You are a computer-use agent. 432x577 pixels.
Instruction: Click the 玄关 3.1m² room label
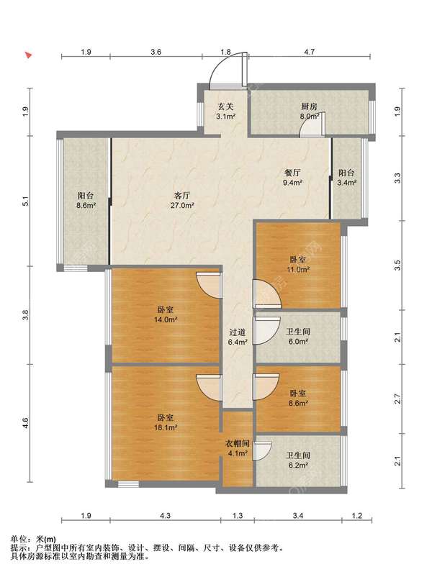coord(226,112)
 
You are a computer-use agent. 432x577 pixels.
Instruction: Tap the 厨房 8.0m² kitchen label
coord(310,112)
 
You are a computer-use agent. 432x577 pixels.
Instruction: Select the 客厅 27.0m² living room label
coord(182,200)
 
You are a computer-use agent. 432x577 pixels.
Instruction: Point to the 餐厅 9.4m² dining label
coord(292,177)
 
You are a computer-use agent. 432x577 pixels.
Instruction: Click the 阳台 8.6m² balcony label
coord(86,200)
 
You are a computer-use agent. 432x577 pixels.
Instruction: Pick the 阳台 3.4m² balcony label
coord(346,177)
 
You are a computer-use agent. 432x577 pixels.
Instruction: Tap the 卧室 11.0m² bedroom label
coord(298,264)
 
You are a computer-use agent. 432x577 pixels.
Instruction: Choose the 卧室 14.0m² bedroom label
coord(166,314)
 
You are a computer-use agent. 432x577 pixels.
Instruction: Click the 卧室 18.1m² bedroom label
coord(166,422)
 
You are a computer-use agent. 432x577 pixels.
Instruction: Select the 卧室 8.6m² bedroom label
coord(298,398)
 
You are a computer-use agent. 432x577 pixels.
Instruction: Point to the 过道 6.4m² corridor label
coord(238,337)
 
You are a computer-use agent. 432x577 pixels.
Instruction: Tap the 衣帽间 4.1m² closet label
coord(238,448)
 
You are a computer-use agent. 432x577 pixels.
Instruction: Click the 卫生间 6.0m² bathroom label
coord(298,336)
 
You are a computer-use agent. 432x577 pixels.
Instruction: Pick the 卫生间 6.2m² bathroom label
coord(298,460)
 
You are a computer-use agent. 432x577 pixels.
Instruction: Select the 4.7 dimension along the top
coord(310,52)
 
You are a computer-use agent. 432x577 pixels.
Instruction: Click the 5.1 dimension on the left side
coord(25,201)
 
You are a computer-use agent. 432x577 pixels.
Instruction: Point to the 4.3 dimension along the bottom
coord(166,516)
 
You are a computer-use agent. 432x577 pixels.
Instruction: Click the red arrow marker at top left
coord(28,55)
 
